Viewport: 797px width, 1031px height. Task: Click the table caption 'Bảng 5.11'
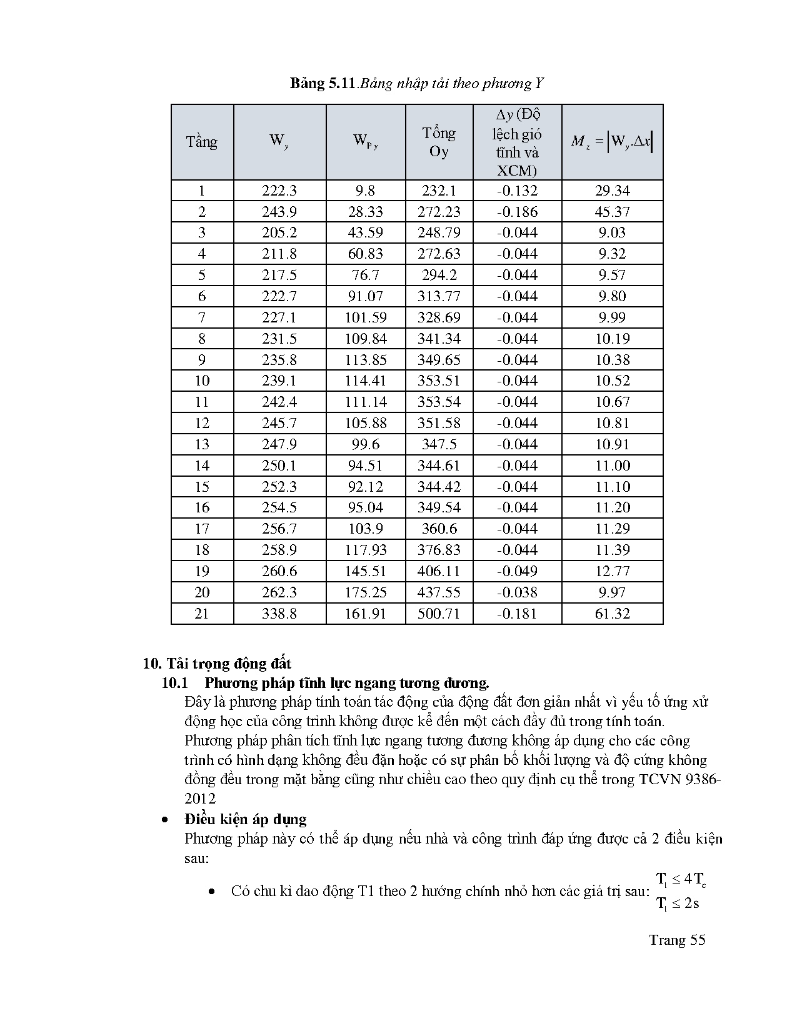(322, 84)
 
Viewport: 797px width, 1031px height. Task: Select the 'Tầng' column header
(201, 142)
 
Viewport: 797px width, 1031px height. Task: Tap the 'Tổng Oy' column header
(439, 142)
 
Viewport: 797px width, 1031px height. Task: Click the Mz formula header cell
(612, 142)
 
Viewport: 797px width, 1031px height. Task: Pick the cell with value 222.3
(279, 191)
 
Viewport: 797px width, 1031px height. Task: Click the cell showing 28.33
(366, 212)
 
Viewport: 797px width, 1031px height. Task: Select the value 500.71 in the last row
(439, 614)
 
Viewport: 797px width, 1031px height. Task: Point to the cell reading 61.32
(612, 614)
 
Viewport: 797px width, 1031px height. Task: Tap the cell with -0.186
(517, 212)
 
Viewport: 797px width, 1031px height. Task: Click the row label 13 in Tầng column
(201, 444)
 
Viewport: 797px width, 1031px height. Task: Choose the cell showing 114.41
(366, 381)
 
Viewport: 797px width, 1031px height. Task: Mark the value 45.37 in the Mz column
(612, 212)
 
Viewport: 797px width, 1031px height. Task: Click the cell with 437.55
(439, 592)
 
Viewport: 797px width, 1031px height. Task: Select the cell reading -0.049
(517, 571)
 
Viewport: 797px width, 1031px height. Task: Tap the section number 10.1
(175, 682)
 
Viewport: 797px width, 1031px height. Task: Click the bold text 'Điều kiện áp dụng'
(245, 819)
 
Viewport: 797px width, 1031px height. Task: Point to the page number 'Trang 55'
(677, 940)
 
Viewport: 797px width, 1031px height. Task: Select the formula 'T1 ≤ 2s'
(678, 903)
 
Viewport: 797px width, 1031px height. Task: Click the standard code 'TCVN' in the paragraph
(661, 780)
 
